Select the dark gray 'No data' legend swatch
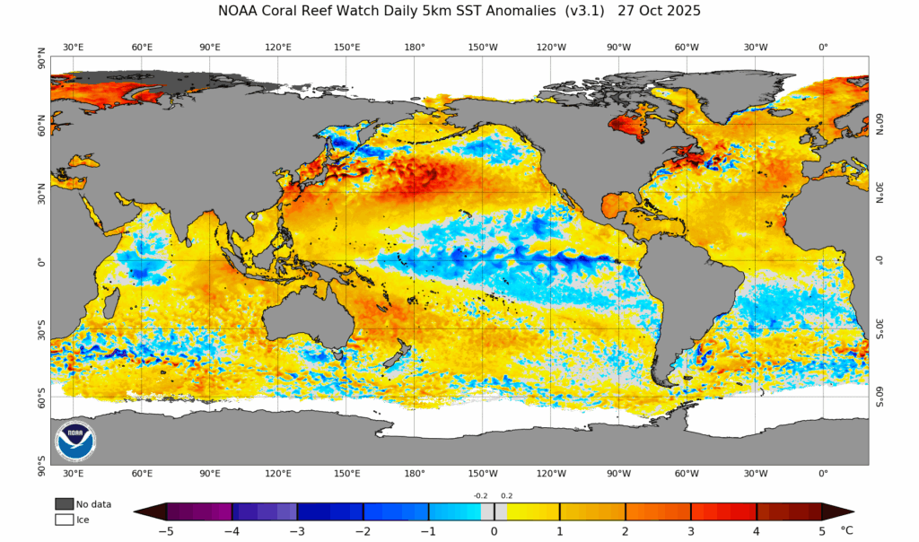point(64,504)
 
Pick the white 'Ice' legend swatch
point(64,519)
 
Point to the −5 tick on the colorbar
point(166,530)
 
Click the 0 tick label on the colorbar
point(494,530)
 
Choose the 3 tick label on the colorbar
point(691,530)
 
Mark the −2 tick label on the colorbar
point(363,530)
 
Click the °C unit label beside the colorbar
point(846,530)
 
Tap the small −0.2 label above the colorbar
point(481,495)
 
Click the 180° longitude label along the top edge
point(415,47)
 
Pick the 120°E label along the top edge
point(277,47)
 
